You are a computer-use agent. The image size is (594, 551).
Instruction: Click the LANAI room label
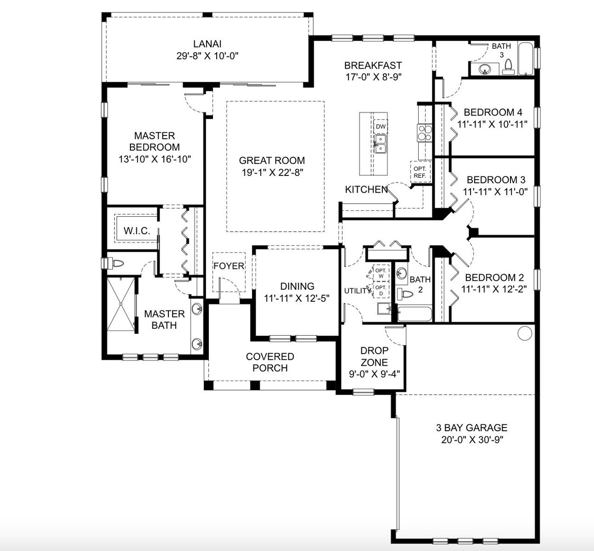(207, 44)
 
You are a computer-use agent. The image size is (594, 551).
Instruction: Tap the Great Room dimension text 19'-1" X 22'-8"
(272, 172)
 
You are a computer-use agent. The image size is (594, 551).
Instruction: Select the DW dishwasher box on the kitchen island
(381, 126)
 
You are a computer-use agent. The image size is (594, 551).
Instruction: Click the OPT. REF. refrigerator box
(420, 172)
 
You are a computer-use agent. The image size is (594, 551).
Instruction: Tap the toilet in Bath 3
(508, 67)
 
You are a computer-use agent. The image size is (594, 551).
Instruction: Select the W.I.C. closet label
(136, 231)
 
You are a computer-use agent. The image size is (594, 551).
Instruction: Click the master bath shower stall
(121, 304)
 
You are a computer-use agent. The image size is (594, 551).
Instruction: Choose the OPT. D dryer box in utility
(381, 291)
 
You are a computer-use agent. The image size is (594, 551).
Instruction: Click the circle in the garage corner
(524, 333)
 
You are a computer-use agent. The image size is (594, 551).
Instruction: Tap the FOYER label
(228, 266)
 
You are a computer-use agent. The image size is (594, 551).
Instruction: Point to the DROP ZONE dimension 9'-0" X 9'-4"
(374, 374)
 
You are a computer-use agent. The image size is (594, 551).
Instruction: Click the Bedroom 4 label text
(492, 112)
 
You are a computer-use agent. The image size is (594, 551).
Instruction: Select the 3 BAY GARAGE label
(471, 428)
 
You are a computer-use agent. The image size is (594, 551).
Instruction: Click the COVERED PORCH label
(270, 362)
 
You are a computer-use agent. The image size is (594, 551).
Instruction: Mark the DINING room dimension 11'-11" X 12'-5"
(297, 298)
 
